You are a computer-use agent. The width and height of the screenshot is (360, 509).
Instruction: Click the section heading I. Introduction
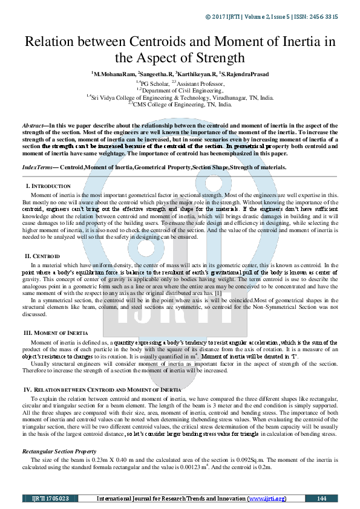(48, 186)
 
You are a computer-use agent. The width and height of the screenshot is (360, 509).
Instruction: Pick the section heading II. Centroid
(42, 256)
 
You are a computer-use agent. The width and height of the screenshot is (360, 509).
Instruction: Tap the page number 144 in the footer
(321, 499)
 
